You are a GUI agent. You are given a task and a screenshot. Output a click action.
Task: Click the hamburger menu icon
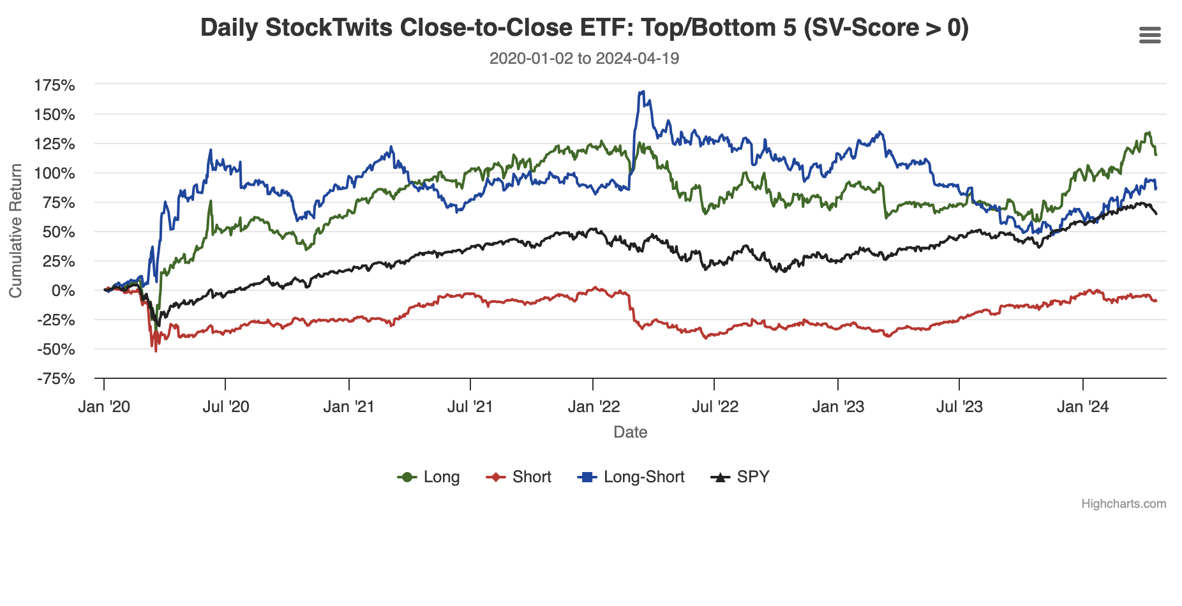(1149, 36)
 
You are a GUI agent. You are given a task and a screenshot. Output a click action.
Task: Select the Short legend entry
(519, 477)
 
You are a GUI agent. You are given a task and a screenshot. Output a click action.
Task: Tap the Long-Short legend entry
(631, 477)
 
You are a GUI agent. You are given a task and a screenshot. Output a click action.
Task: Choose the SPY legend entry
(740, 477)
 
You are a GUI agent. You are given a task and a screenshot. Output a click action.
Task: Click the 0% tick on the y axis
(63, 291)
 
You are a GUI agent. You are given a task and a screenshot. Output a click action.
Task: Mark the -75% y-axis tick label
(56, 379)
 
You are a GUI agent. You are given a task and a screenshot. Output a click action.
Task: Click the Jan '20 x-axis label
(104, 407)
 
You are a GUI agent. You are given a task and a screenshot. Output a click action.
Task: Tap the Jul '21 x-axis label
(470, 407)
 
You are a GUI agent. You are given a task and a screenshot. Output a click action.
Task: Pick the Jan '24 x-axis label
(1082, 407)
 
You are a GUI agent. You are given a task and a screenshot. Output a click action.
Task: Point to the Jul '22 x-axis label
(715, 407)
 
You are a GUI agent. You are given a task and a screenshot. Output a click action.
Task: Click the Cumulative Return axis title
(15, 231)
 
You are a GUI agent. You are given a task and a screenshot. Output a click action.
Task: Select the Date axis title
(631, 432)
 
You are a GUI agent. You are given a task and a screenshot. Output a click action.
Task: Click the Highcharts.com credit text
(1123, 504)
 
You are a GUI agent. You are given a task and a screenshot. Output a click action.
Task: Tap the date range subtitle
(584, 59)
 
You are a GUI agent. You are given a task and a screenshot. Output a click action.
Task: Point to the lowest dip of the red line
(156, 351)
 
